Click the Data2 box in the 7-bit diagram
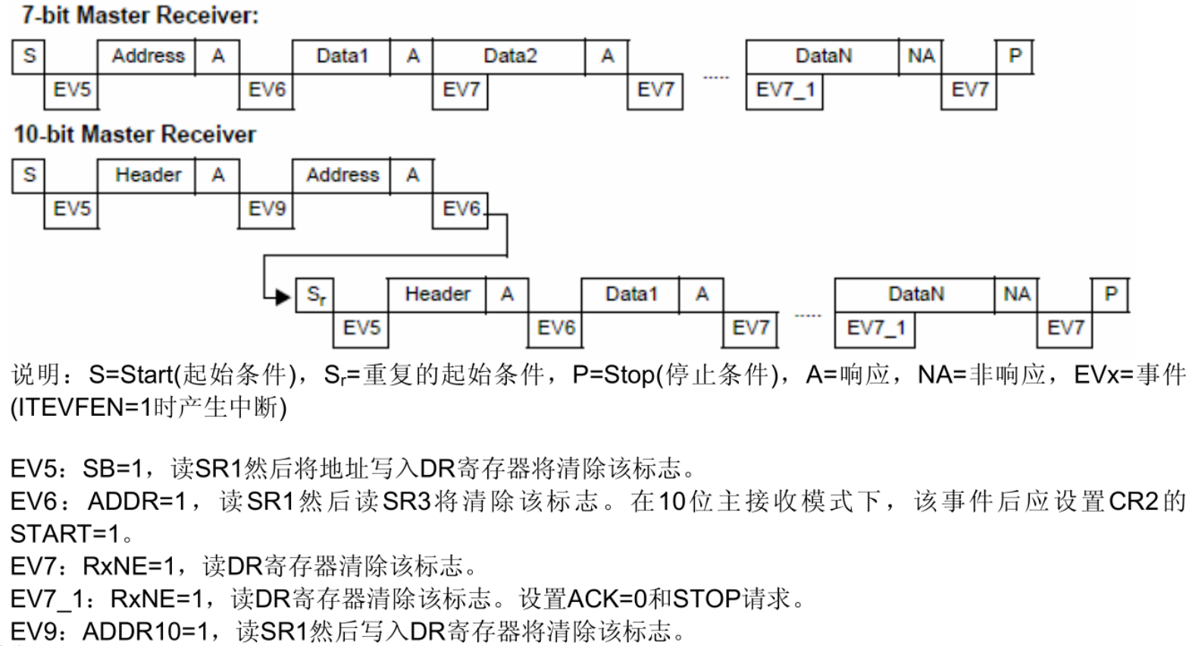(x=509, y=56)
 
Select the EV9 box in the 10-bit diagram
(x=266, y=211)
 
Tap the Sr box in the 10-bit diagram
(x=315, y=295)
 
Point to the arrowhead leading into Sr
(x=283, y=297)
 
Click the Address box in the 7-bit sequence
(x=147, y=56)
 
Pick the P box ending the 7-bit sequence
(x=1014, y=56)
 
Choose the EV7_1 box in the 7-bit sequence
(x=784, y=92)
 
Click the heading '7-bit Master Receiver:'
(x=140, y=15)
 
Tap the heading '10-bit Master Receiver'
(x=135, y=134)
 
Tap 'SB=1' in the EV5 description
(x=113, y=469)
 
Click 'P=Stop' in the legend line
(x=613, y=376)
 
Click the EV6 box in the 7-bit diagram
(x=266, y=92)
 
